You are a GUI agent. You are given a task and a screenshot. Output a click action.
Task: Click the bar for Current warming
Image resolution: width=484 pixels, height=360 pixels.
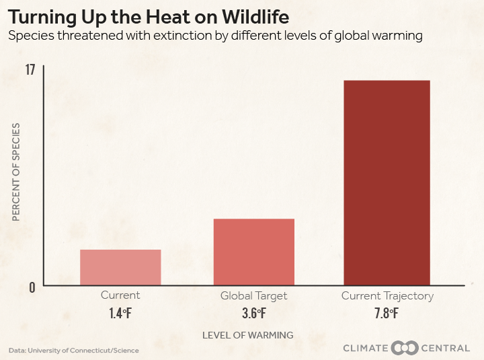120,267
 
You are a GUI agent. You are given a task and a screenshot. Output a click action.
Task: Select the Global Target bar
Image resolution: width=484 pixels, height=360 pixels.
253,252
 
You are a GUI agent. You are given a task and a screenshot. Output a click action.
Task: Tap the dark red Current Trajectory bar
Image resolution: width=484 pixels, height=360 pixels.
387,182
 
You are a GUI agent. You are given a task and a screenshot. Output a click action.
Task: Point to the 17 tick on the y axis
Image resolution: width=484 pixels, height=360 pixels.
30,69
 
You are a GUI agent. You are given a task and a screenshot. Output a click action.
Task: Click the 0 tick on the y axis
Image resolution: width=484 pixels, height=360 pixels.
32,287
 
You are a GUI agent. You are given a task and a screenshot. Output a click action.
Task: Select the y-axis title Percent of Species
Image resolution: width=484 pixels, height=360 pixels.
16,172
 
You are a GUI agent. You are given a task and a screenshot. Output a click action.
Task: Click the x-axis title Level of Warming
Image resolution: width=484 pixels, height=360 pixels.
247,334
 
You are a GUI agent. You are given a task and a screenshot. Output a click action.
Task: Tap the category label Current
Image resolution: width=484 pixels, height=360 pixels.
120,295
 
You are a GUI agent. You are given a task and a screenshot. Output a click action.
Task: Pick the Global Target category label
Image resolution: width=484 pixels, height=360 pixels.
253,295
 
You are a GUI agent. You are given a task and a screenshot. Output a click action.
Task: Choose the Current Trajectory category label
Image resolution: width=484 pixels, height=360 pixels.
387,295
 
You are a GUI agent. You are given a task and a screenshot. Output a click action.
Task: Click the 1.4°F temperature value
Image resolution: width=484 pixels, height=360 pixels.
120,313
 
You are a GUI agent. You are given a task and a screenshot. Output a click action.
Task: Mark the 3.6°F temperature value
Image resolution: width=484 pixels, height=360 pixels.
253,313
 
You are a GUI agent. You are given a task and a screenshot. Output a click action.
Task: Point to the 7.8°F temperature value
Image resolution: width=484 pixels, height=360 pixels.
387,313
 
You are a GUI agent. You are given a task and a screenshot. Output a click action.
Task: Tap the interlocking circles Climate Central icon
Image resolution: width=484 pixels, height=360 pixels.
405,348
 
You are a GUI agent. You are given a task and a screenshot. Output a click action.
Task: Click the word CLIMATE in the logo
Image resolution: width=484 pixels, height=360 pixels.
366,348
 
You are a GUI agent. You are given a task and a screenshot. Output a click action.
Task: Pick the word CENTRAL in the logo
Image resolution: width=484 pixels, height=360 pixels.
445,348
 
